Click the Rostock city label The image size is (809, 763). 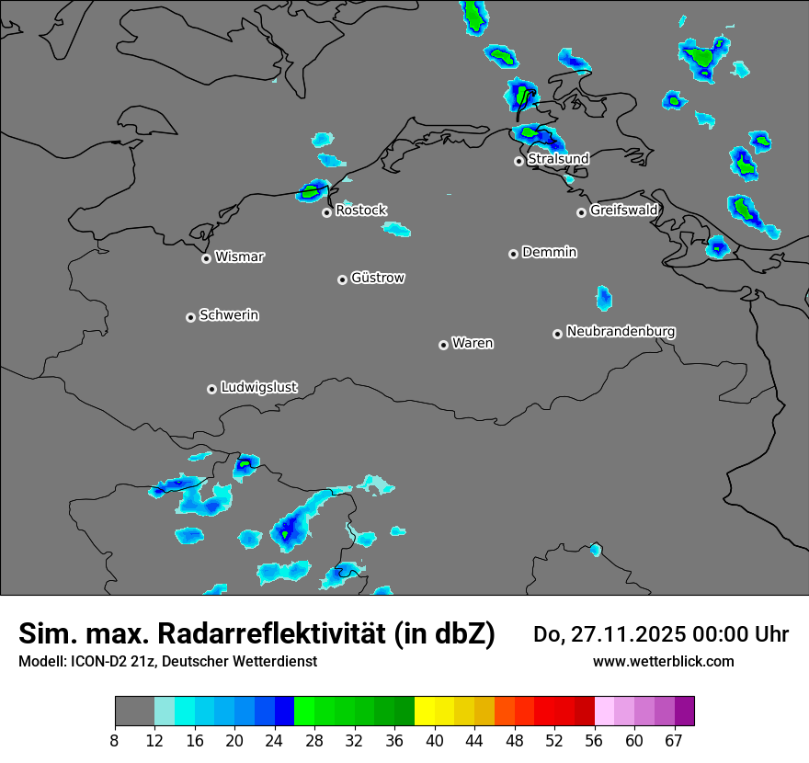tap(361, 211)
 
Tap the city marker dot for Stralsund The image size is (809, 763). tap(518, 161)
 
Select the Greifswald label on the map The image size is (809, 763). tap(623, 211)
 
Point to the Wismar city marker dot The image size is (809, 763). tap(206, 258)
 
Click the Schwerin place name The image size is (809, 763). tap(229, 315)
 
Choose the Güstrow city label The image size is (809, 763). tap(378, 278)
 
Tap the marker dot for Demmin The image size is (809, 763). tap(513, 254)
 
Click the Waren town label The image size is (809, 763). tap(473, 344)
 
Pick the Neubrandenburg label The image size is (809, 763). tap(621, 332)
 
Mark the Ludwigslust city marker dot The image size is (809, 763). tap(211, 389)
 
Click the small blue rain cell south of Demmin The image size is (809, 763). tap(604, 298)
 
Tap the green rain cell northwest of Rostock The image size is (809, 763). tap(313, 191)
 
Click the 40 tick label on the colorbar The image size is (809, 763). tap(435, 741)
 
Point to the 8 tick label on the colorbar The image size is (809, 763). tap(114, 741)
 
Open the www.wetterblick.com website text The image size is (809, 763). tap(663, 662)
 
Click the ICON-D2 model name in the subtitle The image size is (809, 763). tap(97, 662)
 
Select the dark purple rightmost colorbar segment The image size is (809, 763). tap(684, 712)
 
